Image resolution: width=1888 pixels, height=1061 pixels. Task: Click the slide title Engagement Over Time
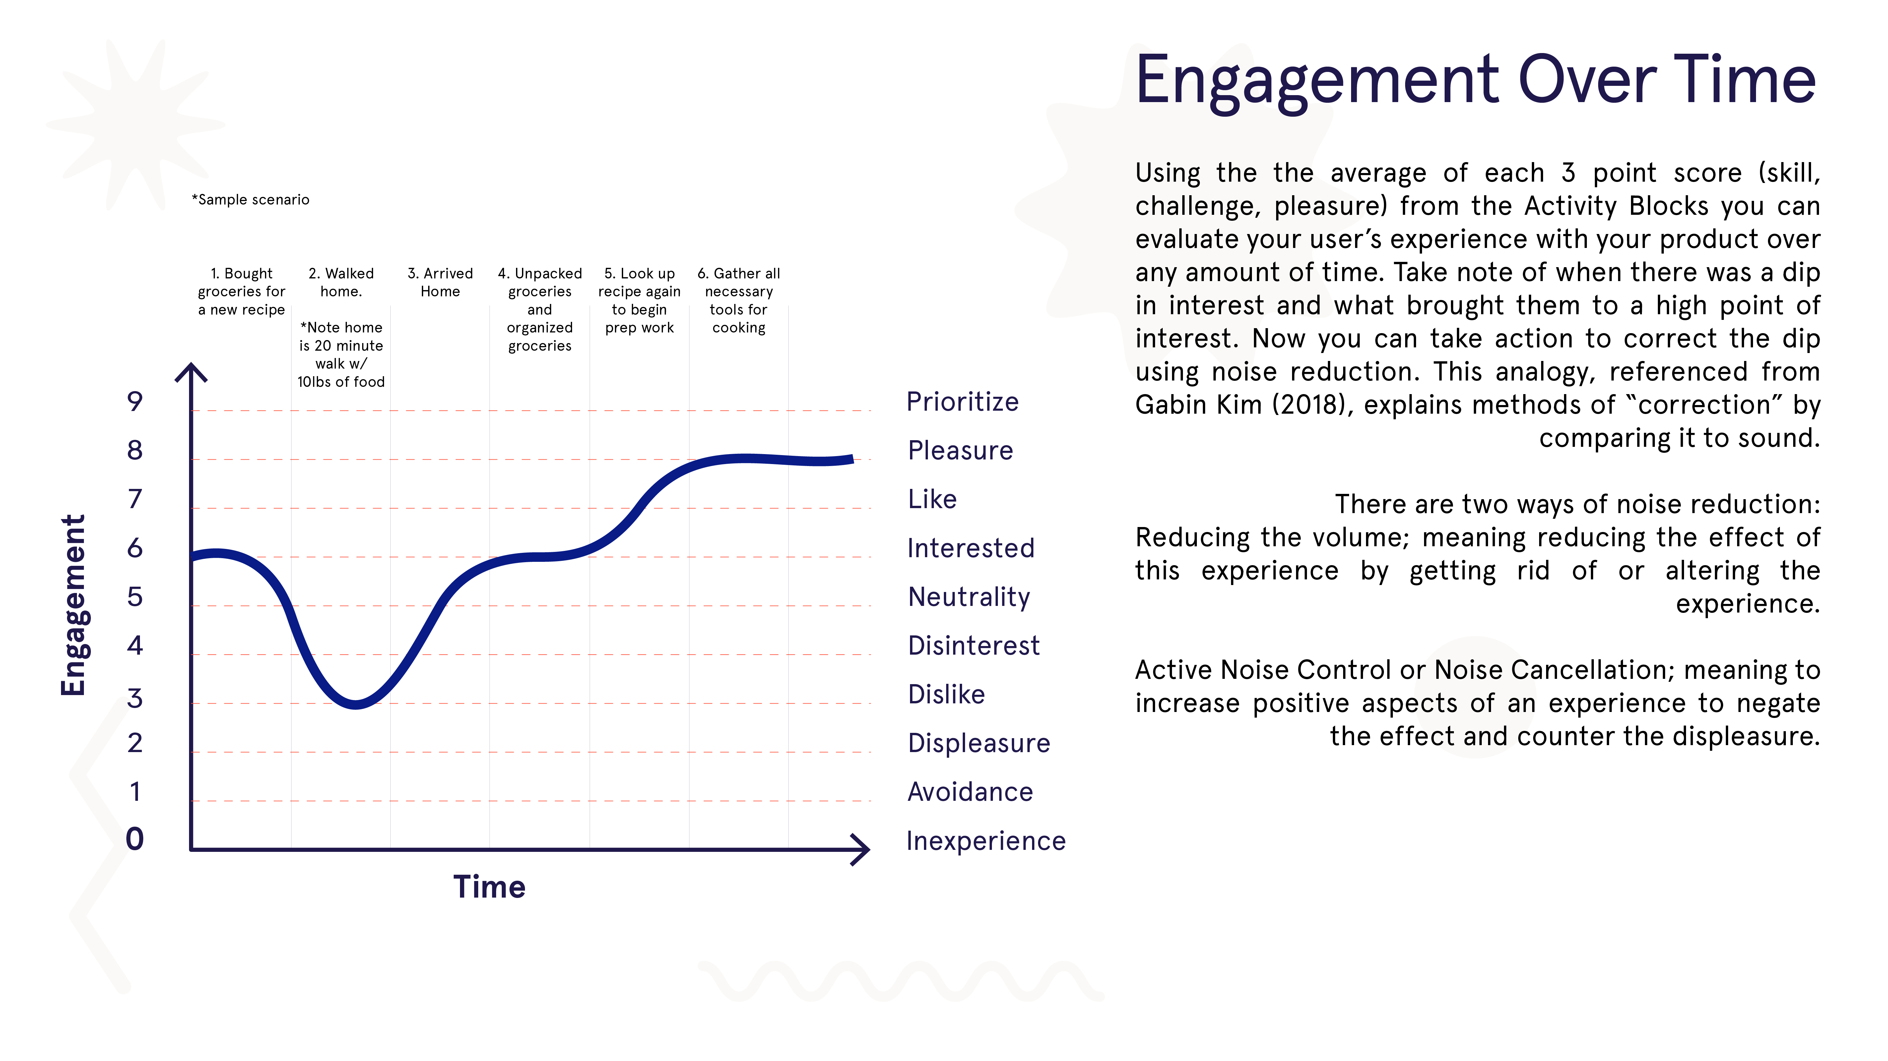pyautogui.click(x=1475, y=81)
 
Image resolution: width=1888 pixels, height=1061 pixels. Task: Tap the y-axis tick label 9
pyautogui.click(x=135, y=401)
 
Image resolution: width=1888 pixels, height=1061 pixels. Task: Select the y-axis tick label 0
pyautogui.click(x=135, y=839)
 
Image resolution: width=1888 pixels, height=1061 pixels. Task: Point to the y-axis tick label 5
pyautogui.click(x=135, y=596)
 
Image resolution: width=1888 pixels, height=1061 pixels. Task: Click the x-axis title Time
pyautogui.click(x=489, y=887)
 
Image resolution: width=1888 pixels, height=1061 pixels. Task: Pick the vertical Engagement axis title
pyautogui.click(x=73, y=605)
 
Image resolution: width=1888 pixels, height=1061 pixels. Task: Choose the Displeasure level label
pyautogui.click(x=978, y=743)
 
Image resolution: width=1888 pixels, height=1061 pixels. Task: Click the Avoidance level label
pyautogui.click(x=970, y=792)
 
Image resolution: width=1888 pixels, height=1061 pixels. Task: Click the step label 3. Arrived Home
pyautogui.click(x=440, y=282)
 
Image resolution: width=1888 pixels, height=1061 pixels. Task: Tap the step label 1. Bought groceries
pyautogui.click(x=241, y=291)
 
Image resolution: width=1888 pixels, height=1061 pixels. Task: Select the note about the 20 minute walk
pyautogui.click(x=341, y=355)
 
